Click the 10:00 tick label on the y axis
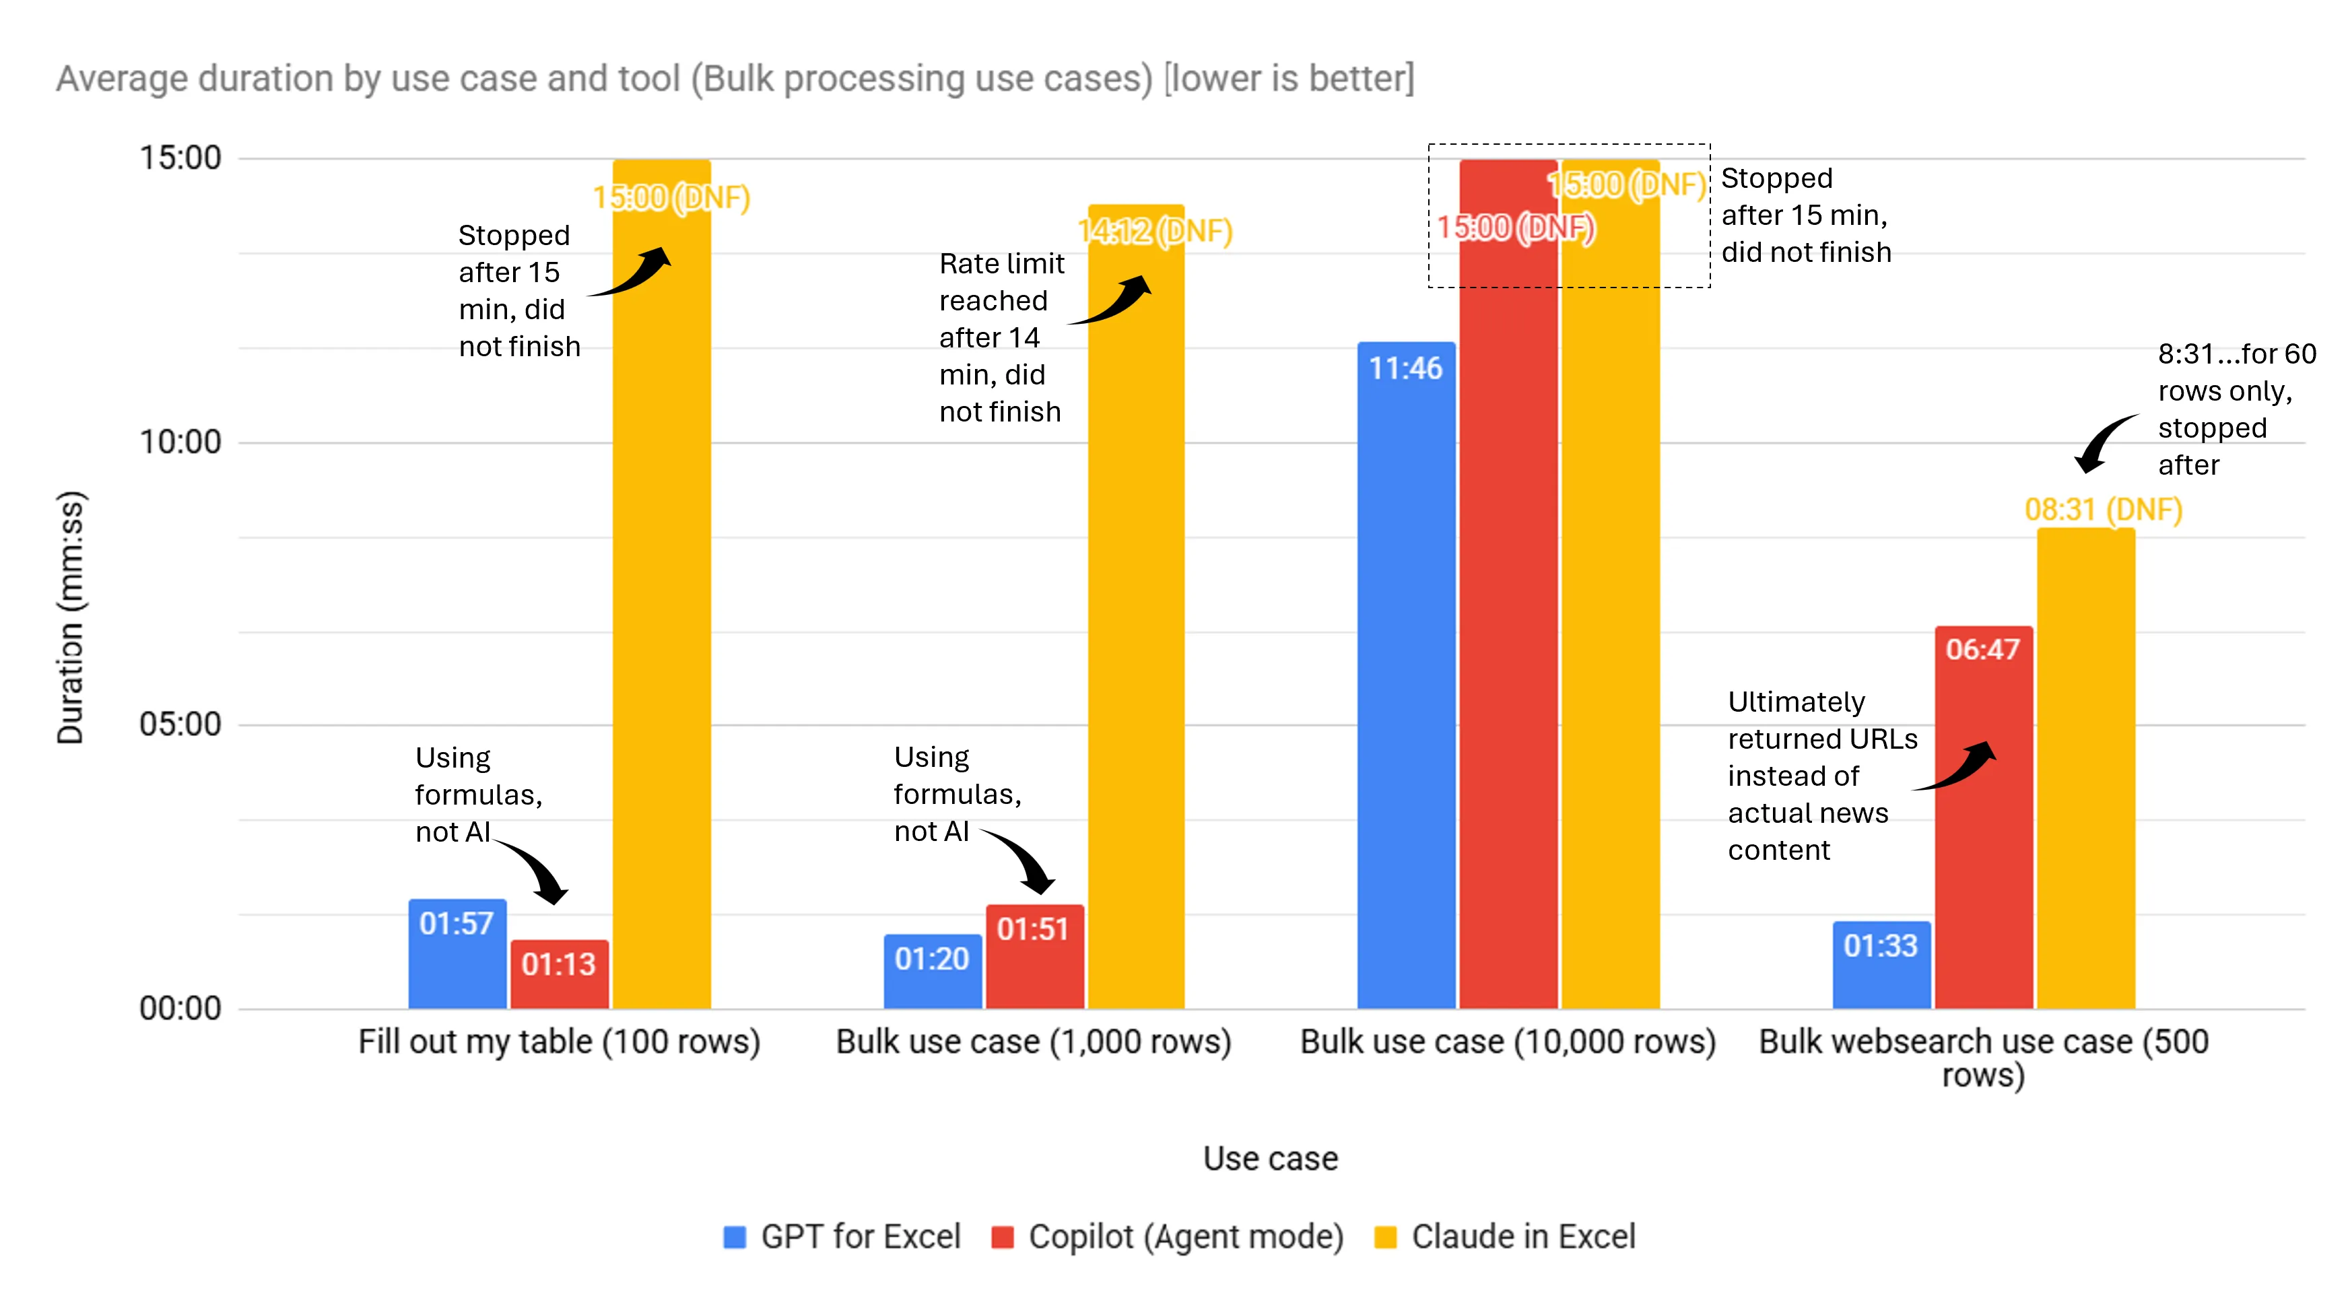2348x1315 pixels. click(180, 442)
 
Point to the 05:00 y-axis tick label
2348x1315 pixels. click(180, 724)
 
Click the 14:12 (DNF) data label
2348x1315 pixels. click(1155, 232)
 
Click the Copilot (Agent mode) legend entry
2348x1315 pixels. click(1168, 1237)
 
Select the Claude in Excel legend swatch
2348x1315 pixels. click(1386, 1237)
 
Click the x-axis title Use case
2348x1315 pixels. click(1270, 1158)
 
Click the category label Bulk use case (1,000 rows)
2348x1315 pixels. click(1033, 1042)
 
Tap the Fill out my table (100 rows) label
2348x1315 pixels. click(559, 1042)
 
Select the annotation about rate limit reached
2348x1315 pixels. click(1000, 337)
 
